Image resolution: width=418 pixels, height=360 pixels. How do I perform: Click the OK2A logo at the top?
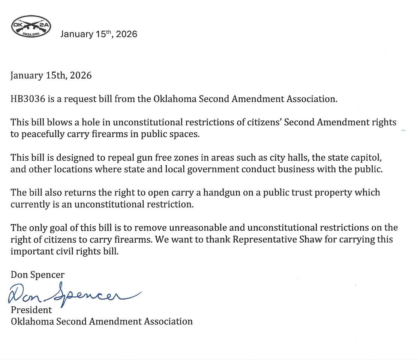tap(31, 27)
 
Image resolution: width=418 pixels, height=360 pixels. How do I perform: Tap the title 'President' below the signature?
tap(31, 310)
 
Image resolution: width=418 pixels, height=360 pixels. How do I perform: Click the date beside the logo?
tap(99, 34)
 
